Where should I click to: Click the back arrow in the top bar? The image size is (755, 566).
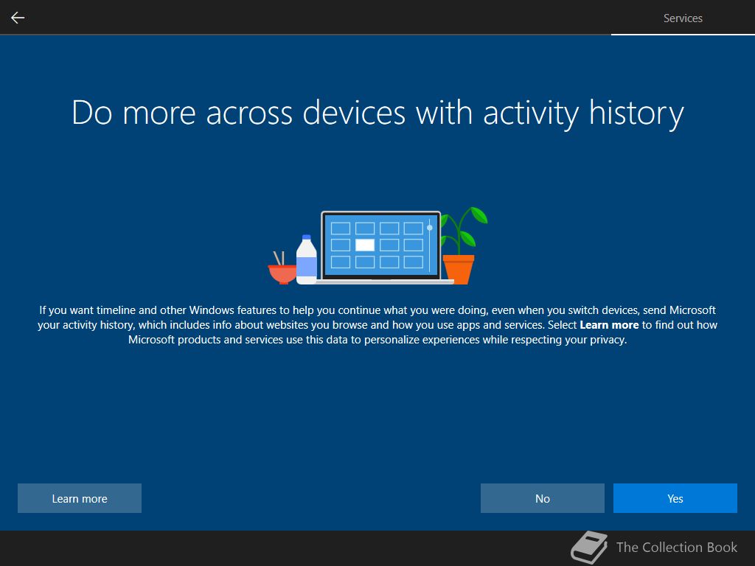[18, 18]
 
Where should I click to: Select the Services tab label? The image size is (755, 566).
[683, 18]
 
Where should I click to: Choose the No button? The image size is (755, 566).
[542, 498]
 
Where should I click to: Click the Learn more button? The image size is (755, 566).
[80, 498]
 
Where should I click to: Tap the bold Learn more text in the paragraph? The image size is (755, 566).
[609, 325]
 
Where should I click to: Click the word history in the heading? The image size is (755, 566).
[636, 113]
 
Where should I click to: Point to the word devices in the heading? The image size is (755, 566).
[353, 113]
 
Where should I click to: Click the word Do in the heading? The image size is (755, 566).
[92, 113]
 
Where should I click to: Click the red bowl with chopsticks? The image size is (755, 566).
[282, 273]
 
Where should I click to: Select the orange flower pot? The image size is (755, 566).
[459, 270]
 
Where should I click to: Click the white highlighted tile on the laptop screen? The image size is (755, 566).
[364, 245]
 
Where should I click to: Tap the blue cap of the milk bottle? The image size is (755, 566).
[306, 237]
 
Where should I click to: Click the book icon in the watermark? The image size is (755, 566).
[589, 548]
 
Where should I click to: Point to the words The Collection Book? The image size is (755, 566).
[677, 548]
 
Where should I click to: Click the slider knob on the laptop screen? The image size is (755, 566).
[430, 228]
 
